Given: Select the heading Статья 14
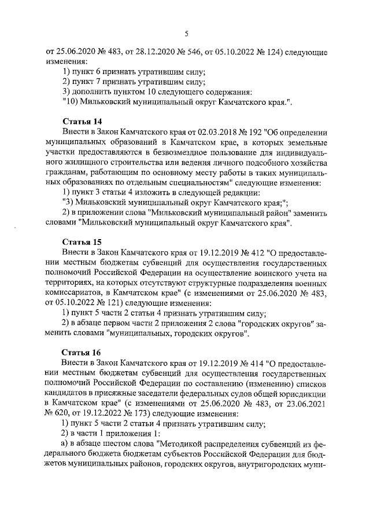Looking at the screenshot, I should tap(81, 121).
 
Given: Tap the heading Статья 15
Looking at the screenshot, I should tap(81, 241).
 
